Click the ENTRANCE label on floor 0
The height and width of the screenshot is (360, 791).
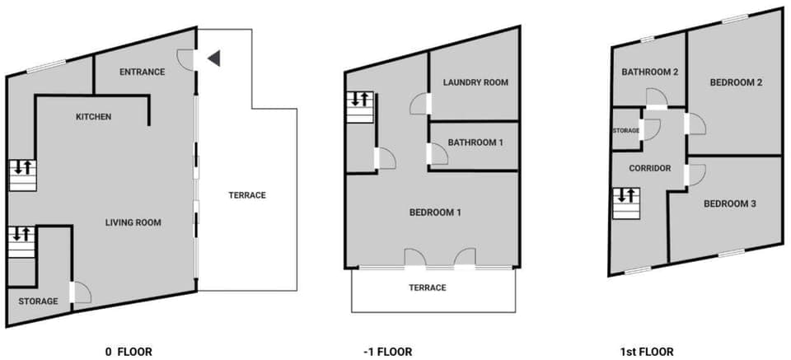(x=142, y=72)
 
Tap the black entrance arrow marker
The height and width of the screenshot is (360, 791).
(x=213, y=58)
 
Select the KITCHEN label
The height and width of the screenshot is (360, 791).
(x=93, y=117)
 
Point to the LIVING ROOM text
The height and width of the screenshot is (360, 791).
(x=133, y=222)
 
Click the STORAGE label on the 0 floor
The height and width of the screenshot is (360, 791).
(x=38, y=302)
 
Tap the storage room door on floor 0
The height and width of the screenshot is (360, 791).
(x=81, y=292)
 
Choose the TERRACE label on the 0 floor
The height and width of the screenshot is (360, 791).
(x=247, y=195)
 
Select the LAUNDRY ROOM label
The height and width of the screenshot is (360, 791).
(x=475, y=82)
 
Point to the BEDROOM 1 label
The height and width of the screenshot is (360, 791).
(x=434, y=213)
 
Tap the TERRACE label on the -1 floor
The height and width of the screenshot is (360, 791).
(x=427, y=288)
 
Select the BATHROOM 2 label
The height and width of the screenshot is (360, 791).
(x=649, y=72)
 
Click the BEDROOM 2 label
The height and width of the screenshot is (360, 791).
(x=735, y=82)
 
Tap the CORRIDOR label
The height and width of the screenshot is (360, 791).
(x=649, y=168)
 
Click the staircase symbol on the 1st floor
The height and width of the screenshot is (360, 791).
(x=625, y=203)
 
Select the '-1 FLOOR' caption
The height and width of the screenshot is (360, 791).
(x=387, y=351)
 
